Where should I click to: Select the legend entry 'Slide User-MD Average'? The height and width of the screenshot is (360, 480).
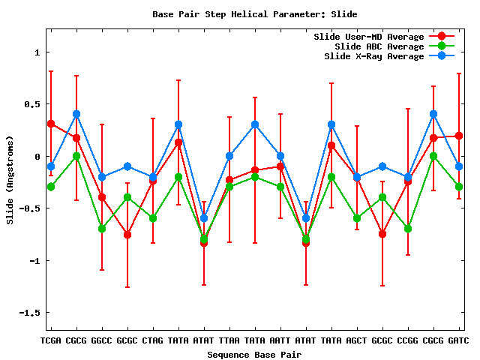[x=368, y=37]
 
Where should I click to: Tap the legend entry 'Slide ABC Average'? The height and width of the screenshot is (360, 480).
[x=379, y=46]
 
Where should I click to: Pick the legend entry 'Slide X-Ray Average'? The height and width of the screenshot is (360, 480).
[x=373, y=56]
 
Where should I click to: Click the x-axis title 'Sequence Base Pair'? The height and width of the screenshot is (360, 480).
[x=254, y=353]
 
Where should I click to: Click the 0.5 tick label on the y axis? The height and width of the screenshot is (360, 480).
[x=33, y=104]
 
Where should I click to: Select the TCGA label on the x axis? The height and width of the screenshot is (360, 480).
[x=51, y=340]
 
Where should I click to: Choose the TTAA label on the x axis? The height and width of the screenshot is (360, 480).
[x=229, y=340]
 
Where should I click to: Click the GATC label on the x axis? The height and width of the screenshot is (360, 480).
[x=458, y=340]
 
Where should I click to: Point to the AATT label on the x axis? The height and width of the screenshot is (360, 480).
[x=280, y=340]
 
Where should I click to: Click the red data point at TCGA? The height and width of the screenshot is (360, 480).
[x=51, y=124]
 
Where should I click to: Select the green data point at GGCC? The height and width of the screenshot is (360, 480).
[x=102, y=228]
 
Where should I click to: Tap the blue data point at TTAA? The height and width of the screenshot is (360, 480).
[x=229, y=156]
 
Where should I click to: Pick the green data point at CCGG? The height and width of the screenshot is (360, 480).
[x=408, y=228]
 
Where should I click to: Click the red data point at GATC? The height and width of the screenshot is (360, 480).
[x=459, y=136]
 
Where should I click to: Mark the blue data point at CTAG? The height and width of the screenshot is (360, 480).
[x=153, y=177]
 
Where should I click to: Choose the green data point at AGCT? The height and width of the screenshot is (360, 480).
[x=357, y=218]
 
